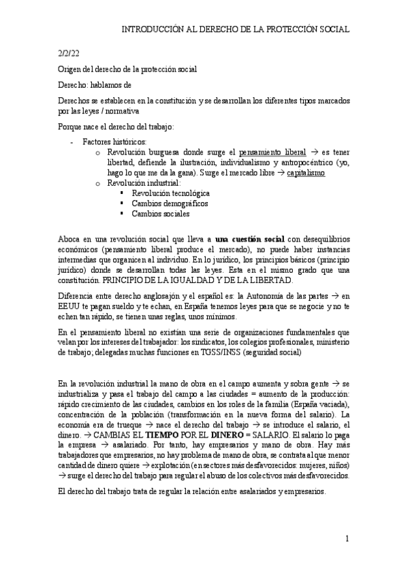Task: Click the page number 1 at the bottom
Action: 347,539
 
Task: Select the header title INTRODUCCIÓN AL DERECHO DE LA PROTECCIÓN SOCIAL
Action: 235,29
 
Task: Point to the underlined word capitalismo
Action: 306,174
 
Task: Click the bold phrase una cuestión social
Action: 249,240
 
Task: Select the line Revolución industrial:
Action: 144,183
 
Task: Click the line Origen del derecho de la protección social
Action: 127,69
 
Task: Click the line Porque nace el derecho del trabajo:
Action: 116,127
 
